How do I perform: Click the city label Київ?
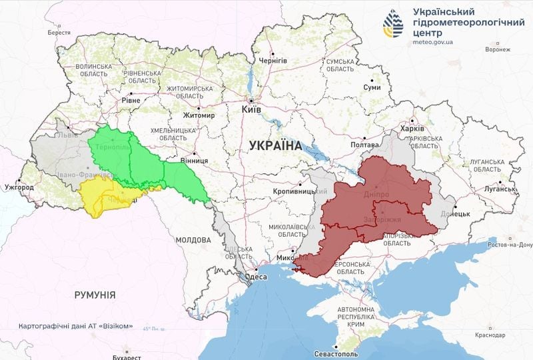point(251,109)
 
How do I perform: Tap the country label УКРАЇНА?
point(274,145)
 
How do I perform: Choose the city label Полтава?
point(364,145)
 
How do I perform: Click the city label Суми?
point(372,88)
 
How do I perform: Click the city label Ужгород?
point(19,187)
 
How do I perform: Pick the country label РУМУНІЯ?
point(95,294)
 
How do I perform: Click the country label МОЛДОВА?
point(193,239)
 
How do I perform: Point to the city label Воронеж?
point(498,49)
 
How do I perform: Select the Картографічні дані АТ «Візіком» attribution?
point(76,327)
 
